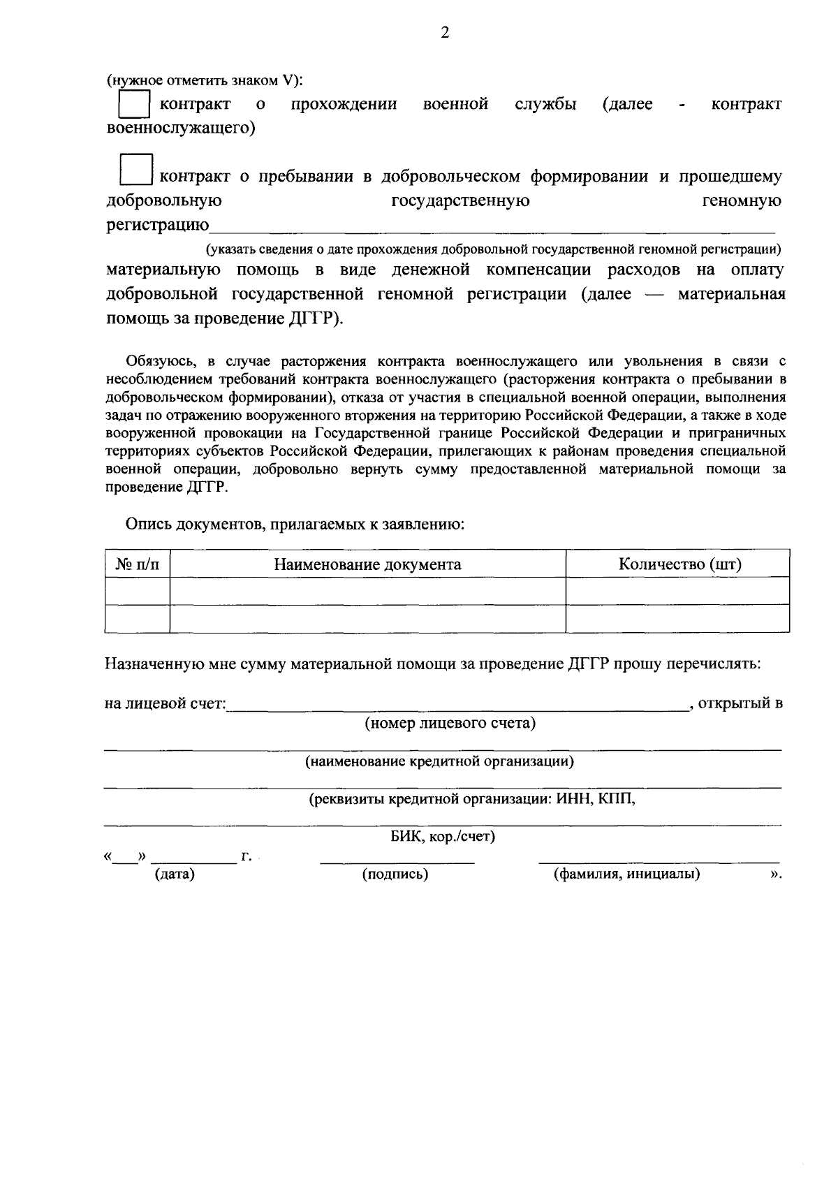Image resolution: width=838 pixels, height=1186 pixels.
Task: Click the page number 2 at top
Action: [445, 33]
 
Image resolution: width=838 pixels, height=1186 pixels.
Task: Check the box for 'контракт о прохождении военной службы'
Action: [134, 105]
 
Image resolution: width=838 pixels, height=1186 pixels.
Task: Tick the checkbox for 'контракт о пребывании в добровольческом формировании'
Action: [136, 170]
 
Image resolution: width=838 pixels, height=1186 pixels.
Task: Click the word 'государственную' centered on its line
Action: [460, 201]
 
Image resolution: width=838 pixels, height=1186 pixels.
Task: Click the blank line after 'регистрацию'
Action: [492, 227]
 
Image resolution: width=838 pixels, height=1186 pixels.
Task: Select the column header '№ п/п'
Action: [137, 564]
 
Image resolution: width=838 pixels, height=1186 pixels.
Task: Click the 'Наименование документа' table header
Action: [367, 564]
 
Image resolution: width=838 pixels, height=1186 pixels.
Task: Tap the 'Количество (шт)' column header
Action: [679, 564]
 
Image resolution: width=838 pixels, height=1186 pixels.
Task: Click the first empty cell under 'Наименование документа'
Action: [367, 591]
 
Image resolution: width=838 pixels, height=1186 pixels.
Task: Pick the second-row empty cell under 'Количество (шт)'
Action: [677, 618]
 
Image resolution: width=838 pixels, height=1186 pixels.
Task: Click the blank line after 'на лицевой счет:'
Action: [457, 705]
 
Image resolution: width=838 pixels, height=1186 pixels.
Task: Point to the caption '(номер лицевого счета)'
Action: [450, 723]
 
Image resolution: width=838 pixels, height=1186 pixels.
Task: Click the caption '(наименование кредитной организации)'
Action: [439, 761]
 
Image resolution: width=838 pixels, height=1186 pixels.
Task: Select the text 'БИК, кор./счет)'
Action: [443, 837]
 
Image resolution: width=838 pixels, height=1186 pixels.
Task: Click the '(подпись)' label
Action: [395, 874]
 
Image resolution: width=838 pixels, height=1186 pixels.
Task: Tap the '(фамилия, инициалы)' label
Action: [626, 874]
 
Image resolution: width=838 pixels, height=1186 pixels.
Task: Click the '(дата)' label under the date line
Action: [174, 874]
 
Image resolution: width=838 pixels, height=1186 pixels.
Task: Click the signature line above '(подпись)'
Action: [397, 861]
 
